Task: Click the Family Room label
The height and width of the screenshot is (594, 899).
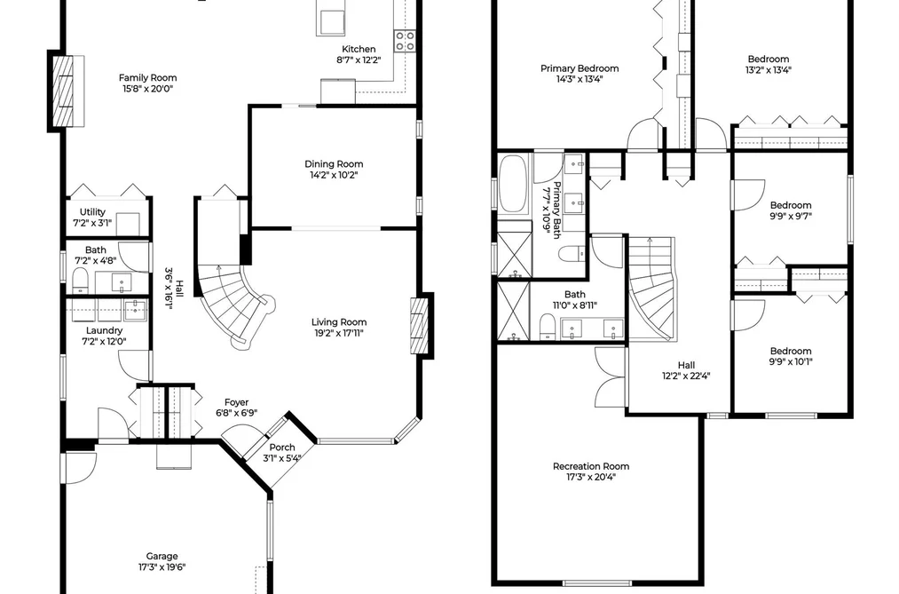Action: pos(148,77)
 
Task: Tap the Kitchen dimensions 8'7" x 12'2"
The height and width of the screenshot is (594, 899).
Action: pos(359,59)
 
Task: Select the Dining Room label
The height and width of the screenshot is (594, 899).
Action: pos(334,164)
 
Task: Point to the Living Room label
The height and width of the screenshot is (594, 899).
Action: pos(339,321)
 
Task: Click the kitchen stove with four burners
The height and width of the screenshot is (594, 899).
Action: pos(404,41)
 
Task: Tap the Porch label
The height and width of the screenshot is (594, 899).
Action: pos(282,447)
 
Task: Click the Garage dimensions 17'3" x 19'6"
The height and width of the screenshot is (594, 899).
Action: pos(162,567)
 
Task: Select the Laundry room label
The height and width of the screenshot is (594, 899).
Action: pos(104,330)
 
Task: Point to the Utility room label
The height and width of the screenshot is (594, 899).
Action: pos(92,211)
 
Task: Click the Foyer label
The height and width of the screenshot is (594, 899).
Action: pos(236,402)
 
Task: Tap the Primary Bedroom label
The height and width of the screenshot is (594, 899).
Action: pos(580,68)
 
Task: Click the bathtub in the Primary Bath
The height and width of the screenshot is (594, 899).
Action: pos(514,185)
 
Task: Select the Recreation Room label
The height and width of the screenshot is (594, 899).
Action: pos(590,466)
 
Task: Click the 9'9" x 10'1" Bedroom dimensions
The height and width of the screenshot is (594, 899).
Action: pos(791,361)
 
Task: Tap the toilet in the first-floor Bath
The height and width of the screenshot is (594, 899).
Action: pos(79,281)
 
